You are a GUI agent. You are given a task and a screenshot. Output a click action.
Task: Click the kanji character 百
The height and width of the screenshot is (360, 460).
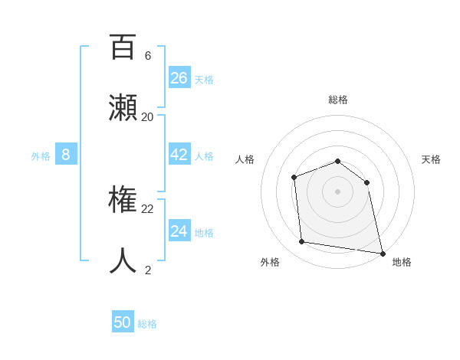[x=123, y=47]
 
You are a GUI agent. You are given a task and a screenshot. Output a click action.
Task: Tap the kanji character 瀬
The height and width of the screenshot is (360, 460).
[x=123, y=108]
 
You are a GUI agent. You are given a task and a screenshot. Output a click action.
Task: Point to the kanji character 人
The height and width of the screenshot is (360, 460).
[x=123, y=260]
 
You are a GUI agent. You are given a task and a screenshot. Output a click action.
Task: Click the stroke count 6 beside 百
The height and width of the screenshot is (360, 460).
[x=148, y=56]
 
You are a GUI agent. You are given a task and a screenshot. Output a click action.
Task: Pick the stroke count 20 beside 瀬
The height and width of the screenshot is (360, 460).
[x=148, y=117]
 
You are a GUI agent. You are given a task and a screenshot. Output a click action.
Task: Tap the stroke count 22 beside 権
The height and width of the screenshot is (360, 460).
[x=148, y=208]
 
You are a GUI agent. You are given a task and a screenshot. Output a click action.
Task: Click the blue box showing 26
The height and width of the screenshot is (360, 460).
[x=179, y=77]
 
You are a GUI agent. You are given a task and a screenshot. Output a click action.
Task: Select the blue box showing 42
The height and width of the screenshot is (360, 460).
[x=179, y=155]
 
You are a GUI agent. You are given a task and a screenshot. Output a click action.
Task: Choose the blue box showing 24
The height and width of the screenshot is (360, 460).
[x=179, y=231]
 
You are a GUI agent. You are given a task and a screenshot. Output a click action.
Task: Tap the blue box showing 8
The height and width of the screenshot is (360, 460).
[x=66, y=155]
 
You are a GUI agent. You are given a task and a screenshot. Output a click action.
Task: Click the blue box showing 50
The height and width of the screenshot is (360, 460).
[x=123, y=322]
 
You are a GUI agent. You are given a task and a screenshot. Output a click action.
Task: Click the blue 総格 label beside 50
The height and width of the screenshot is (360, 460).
[x=147, y=324]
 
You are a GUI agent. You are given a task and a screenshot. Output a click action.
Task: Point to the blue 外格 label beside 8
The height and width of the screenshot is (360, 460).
[x=41, y=156]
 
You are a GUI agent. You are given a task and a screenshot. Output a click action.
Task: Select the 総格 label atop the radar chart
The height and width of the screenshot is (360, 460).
[x=338, y=100]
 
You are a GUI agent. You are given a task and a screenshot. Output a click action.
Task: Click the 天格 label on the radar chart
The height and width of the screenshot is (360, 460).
[x=431, y=159]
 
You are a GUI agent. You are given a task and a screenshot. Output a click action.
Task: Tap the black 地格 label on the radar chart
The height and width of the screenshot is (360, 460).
[x=402, y=262]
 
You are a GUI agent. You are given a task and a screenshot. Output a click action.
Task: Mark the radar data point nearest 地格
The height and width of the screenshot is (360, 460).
[x=381, y=252]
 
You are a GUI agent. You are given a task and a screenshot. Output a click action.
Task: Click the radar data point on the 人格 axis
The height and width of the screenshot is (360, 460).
[x=294, y=178]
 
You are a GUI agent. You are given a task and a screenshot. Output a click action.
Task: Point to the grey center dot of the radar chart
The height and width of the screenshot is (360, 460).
[x=337, y=191]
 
